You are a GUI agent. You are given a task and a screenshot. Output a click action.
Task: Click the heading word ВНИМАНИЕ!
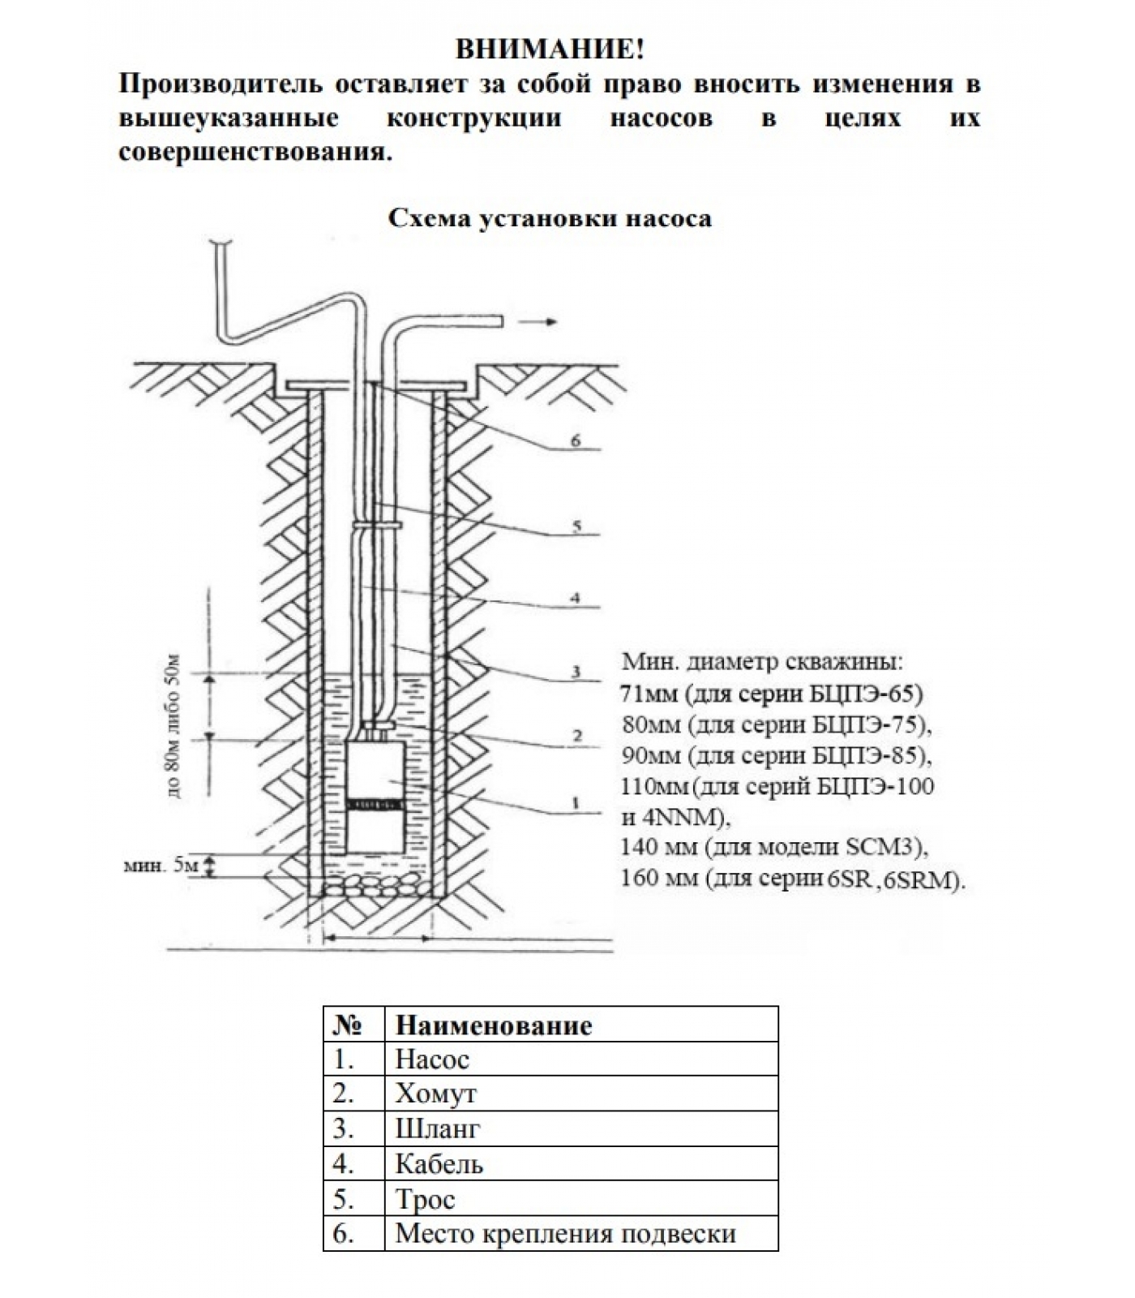[550, 49]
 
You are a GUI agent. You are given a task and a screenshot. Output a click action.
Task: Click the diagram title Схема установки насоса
[550, 218]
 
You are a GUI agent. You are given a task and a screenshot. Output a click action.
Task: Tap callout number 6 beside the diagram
[576, 441]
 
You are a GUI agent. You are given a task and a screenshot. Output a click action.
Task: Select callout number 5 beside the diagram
[576, 527]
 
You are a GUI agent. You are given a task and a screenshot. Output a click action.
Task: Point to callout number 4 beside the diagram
[575, 598]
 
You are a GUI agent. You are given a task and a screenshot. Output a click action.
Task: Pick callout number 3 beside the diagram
[576, 672]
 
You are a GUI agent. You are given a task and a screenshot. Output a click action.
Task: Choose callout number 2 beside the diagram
[576, 737]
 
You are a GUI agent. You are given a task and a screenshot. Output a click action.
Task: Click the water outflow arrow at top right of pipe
[538, 322]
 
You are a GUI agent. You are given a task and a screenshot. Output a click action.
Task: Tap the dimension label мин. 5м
[161, 866]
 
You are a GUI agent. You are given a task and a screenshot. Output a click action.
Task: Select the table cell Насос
[432, 1059]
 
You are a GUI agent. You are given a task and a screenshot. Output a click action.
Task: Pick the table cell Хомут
[435, 1094]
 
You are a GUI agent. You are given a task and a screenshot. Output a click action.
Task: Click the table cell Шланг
[437, 1129]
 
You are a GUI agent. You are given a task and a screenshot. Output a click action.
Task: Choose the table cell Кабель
[439, 1165]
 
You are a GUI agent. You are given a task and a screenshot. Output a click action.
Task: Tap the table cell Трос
[425, 1200]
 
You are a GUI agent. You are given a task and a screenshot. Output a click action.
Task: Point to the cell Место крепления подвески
[565, 1234]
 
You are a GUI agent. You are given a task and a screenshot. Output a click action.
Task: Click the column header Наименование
[493, 1025]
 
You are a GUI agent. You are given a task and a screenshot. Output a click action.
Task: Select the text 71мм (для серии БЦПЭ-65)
[772, 694]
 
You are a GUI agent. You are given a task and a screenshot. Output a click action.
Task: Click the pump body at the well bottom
[375, 799]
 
